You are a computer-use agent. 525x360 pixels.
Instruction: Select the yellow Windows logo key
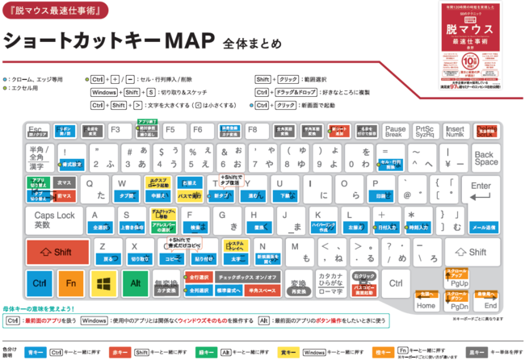pyautogui.click(x=102, y=284)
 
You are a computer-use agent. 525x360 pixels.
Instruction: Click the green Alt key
pyautogui.click(x=133, y=284)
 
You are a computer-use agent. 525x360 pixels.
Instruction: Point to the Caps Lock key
pyautogui.click(x=53, y=220)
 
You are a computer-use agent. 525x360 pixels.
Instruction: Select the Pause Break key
pyautogui.click(x=395, y=130)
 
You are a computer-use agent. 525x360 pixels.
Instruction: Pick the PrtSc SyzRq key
pyautogui.click(x=424, y=130)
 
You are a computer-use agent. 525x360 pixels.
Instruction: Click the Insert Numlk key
pyautogui.click(x=455, y=130)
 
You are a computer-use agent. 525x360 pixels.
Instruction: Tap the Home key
pyautogui.click(x=426, y=301)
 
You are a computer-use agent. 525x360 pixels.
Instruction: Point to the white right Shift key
pyautogui.click(x=477, y=252)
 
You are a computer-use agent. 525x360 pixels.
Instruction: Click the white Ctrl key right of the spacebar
pyautogui.click(x=395, y=284)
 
